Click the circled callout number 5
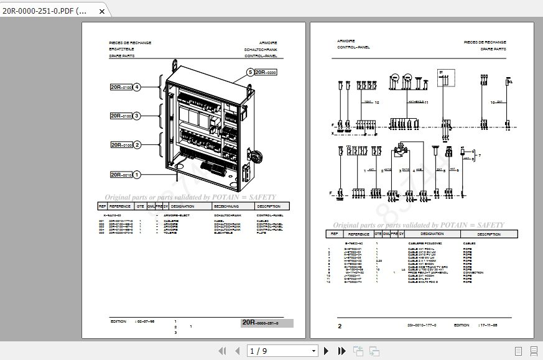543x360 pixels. (250, 73)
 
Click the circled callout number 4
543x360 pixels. (137, 87)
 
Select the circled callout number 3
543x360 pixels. (137, 116)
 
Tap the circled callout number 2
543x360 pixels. (137, 145)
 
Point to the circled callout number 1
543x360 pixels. (137, 175)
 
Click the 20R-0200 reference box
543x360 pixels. (266, 73)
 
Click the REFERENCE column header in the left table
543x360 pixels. (120, 206)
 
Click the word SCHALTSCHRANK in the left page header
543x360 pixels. (261, 50)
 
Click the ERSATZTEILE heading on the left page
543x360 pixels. (122, 50)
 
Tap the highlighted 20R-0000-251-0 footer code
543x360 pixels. (267, 323)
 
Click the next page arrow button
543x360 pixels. (327, 351)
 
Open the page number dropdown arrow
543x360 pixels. (313, 351)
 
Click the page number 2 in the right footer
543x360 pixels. (340, 326)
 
